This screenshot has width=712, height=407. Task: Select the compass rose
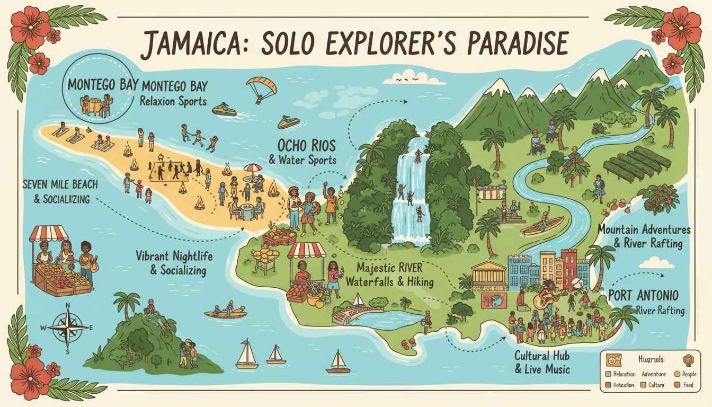coord(67,327)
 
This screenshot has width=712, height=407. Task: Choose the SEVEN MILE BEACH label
coord(56,185)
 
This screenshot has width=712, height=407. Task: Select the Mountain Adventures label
coord(644,230)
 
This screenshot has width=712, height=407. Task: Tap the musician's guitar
coord(544,300)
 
